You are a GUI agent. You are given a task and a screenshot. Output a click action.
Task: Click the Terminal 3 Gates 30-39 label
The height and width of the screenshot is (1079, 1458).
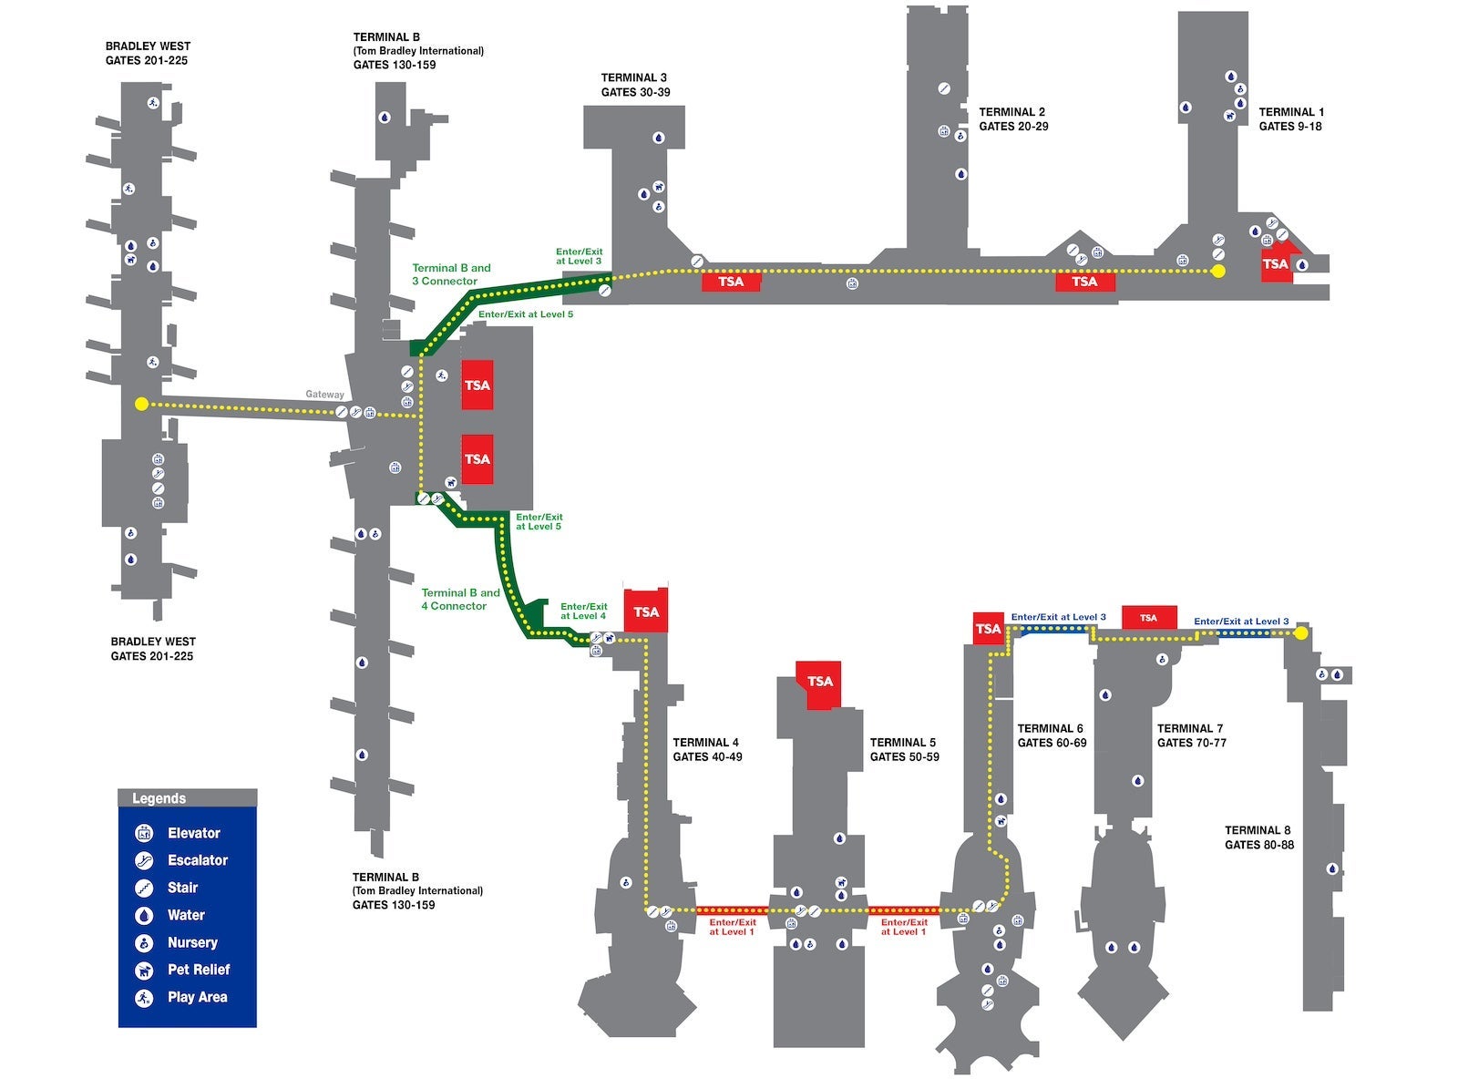[x=635, y=85]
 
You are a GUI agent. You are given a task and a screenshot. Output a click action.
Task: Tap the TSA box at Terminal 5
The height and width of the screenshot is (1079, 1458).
[x=819, y=681]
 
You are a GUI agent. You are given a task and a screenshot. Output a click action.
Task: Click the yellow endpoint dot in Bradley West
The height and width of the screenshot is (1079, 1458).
[x=140, y=404]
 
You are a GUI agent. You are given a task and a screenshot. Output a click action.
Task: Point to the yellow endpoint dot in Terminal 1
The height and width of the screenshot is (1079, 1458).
[x=1218, y=272]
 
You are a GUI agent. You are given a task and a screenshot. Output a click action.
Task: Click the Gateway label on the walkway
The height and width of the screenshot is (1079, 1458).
[x=324, y=395]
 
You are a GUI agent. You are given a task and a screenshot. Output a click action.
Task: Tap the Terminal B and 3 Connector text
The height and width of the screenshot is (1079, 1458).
[x=451, y=274]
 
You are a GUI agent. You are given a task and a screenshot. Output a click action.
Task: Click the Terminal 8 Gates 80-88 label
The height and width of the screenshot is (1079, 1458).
[x=1258, y=837]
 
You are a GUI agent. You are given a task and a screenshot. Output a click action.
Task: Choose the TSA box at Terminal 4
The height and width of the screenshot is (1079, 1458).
[x=646, y=611]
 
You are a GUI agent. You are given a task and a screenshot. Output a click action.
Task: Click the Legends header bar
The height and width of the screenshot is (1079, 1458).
[x=187, y=798]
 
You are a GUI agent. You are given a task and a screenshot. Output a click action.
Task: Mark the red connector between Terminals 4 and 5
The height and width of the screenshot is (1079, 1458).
[x=733, y=909]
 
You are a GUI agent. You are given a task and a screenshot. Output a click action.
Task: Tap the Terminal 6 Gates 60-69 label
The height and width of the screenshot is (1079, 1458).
[x=1052, y=735]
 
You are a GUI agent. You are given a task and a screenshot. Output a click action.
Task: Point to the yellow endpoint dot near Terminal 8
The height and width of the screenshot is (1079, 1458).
[x=1301, y=632]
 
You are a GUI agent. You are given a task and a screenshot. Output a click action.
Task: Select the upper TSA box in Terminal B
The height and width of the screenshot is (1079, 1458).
[x=477, y=385]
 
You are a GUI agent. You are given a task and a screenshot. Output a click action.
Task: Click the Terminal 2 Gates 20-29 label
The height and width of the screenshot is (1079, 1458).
[x=1012, y=118]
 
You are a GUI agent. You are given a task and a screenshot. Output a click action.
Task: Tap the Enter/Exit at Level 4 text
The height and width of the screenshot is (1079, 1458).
[x=583, y=611]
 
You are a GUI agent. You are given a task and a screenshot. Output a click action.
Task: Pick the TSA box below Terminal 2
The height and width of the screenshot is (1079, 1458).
[x=1084, y=282]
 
